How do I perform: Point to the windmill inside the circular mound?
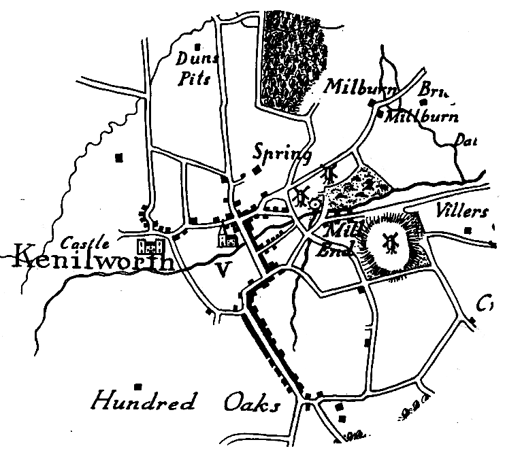click(x=390, y=240)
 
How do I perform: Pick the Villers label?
click(x=463, y=209)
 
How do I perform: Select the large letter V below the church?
click(x=221, y=271)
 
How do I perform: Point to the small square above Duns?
click(x=197, y=47)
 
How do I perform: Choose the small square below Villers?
click(x=468, y=231)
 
